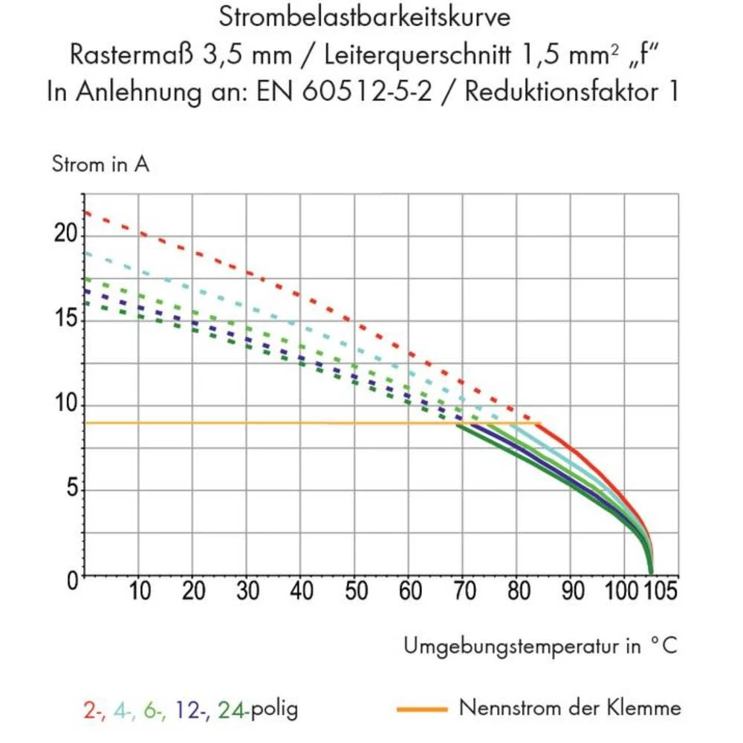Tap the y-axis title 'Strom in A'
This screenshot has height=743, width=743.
point(100,164)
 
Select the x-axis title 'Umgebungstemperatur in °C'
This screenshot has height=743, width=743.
point(541,646)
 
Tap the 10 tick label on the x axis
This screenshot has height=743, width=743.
point(140,591)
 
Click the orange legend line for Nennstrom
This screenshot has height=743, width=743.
point(422,709)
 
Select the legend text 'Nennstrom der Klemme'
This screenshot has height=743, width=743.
point(570,707)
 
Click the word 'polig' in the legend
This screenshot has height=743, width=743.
point(274,709)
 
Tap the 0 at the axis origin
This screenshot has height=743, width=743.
point(72,579)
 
